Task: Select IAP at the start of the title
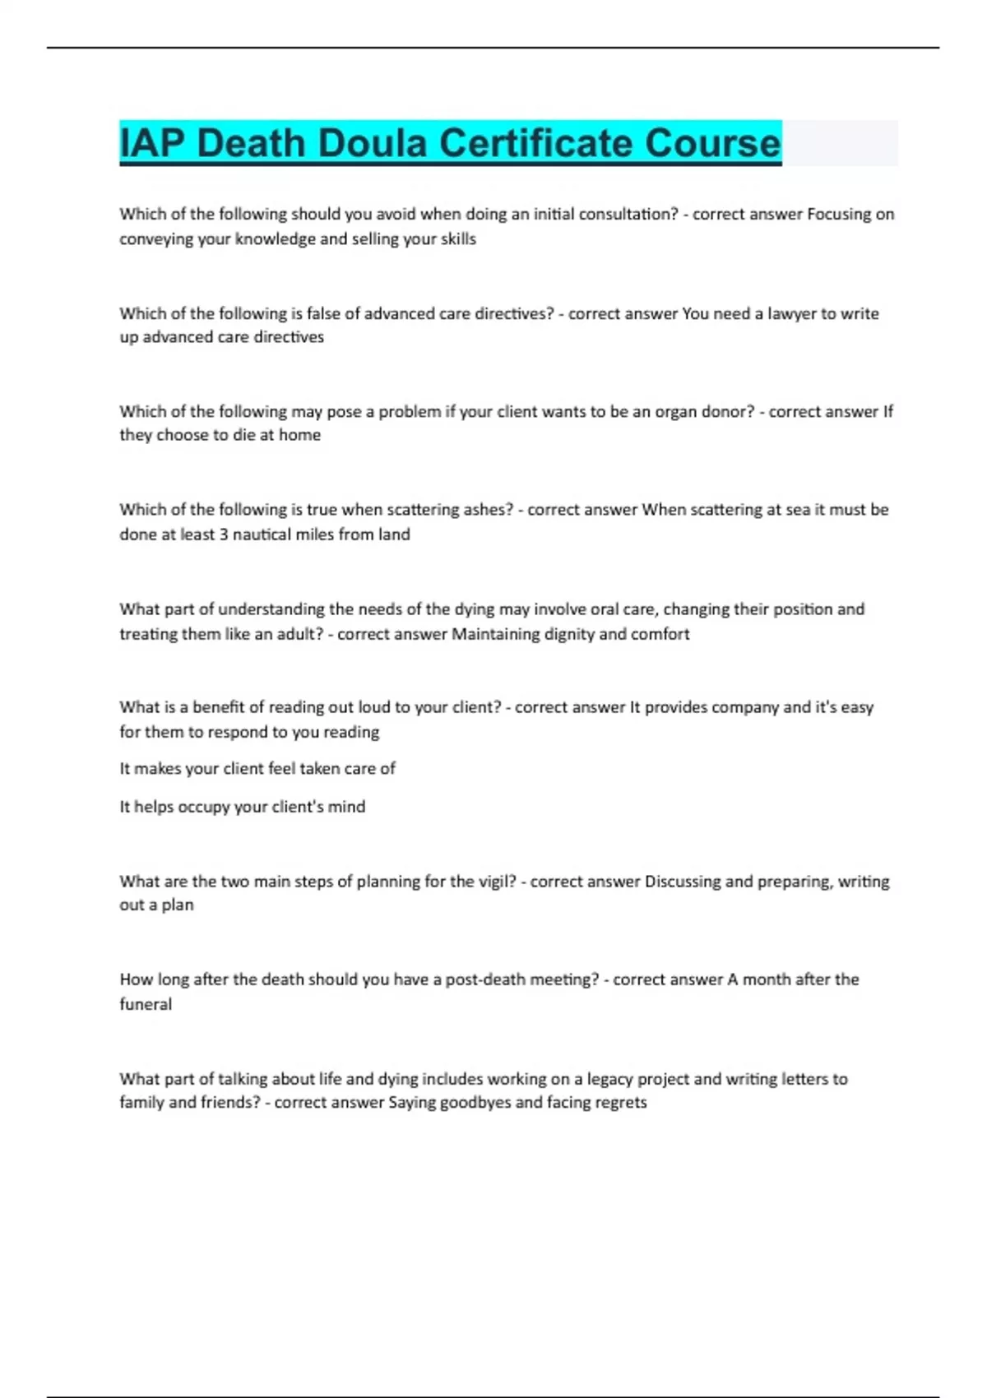152,143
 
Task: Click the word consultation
628,215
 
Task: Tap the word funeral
146,1004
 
